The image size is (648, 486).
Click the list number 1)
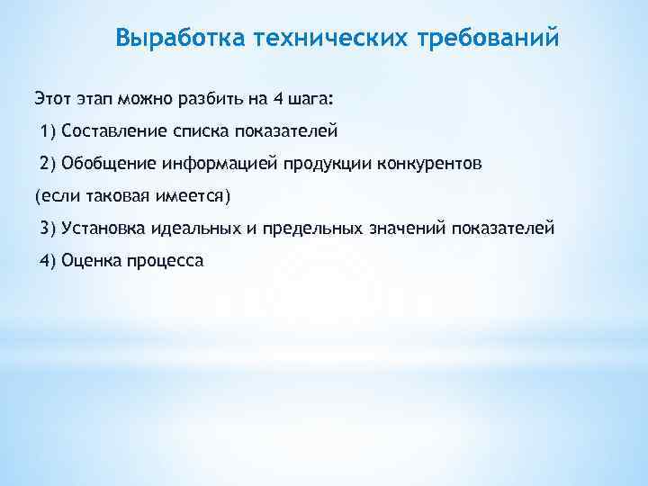coord(49,132)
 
